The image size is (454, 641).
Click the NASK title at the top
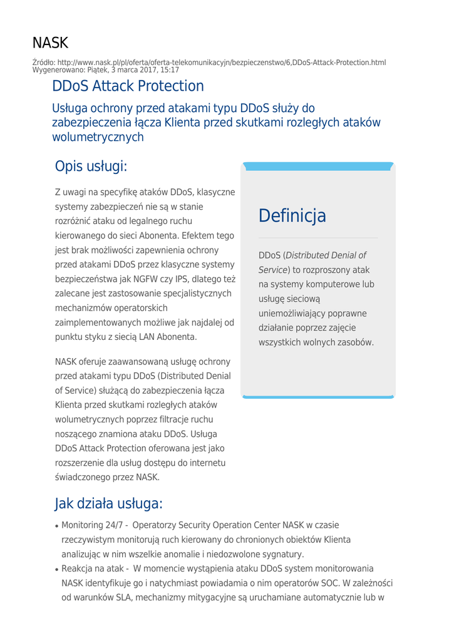(50, 43)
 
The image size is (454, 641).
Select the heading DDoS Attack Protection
(128, 86)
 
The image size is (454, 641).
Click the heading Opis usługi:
(91, 167)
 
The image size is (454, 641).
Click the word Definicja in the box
(292, 216)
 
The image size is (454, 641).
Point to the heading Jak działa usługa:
(109, 503)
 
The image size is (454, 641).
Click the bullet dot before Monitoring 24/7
(57, 526)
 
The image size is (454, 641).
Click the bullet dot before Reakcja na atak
(57, 570)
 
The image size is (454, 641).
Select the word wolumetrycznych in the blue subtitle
(98, 136)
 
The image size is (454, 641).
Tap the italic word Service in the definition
(273, 270)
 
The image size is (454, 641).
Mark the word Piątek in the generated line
(95, 69)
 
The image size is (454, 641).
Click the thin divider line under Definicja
(318, 238)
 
